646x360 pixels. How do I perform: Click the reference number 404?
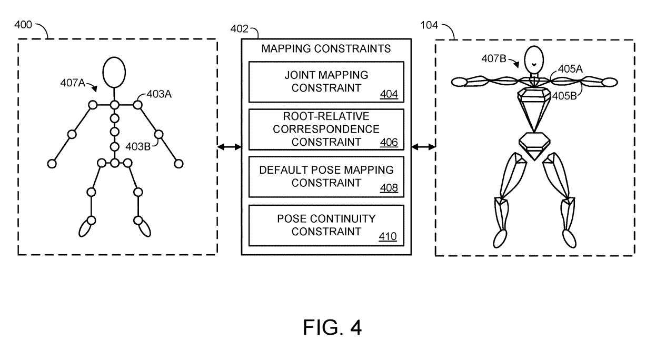[389, 95]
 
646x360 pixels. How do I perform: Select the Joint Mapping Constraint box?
[326, 82]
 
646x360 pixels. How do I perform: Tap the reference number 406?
[389, 142]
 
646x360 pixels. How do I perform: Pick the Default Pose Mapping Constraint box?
[326, 177]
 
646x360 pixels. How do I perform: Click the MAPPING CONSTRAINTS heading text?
[326, 49]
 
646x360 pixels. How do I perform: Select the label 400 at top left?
[23, 25]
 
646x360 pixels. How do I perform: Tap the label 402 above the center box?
[240, 28]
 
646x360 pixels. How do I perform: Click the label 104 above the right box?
[429, 25]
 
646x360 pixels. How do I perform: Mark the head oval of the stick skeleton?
[114, 72]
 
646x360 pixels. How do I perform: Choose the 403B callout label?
[138, 146]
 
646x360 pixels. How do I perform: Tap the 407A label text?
[73, 83]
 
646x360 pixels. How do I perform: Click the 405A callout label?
[570, 68]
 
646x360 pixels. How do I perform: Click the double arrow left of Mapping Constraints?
[229, 147]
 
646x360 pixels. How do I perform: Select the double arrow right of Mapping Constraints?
[423, 147]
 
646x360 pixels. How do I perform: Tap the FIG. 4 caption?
[332, 327]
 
